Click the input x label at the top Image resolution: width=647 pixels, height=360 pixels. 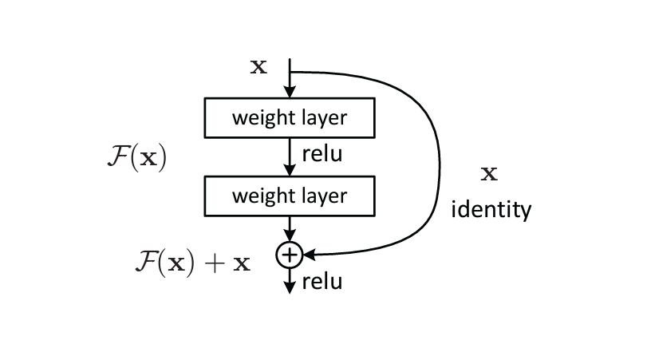click(x=258, y=65)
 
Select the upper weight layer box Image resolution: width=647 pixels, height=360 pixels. click(x=289, y=118)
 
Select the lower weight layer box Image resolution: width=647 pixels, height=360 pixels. click(x=289, y=196)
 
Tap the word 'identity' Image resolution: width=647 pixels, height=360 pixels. click(x=491, y=210)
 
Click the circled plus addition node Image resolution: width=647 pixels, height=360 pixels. click(x=289, y=255)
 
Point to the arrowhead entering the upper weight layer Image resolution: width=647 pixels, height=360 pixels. click(x=289, y=93)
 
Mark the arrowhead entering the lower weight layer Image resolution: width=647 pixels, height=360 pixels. click(x=289, y=170)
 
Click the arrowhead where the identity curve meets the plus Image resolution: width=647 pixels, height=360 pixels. click(x=308, y=255)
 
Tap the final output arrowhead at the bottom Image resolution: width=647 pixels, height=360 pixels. click(x=289, y=287)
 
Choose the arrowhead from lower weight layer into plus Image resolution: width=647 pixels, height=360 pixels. click(x=289, y=237)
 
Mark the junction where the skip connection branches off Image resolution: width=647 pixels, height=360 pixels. click(x=289, y=71)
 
